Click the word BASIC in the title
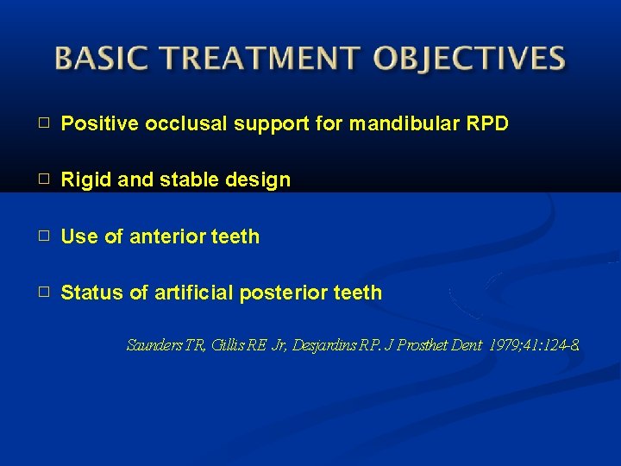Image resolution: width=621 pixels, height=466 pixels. tap(97, 58)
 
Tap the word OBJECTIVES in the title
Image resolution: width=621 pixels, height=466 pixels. tap(470, 58)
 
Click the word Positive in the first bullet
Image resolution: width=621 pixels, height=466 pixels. tap(101, 124)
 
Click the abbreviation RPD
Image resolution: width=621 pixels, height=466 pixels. tap(487, 124)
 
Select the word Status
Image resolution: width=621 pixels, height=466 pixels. tap(92, 293)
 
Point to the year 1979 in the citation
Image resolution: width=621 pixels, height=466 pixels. tap(505, 346)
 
